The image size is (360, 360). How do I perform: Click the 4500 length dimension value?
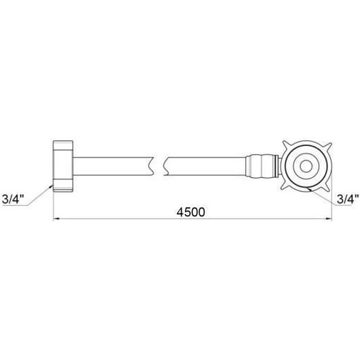191,212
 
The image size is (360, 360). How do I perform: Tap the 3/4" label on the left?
13,199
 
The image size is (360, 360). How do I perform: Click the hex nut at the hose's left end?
63,166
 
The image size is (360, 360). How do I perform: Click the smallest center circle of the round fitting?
305,166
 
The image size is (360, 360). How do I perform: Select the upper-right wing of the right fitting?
327,146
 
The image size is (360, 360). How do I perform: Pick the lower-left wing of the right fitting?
285,186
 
